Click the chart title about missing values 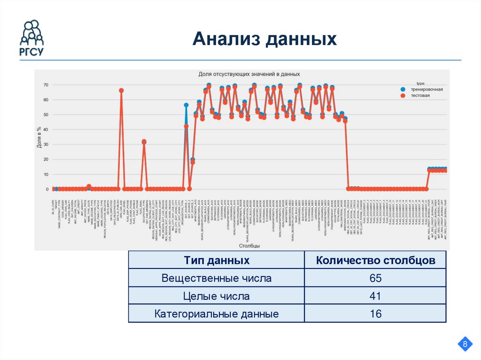tap(249, 74)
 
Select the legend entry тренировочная tap(427, 89)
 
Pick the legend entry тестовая tap(420, 95)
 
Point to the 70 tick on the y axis tap(46, 85)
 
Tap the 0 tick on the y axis tap(47, 189)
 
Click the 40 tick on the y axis tap(46, 130)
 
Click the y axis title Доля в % tap(39, 138)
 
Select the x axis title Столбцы tap(249, 245)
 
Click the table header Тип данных tap(217, 260)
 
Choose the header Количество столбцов tap(375, 260)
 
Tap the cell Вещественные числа tap(217, 278)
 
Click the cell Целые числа tap(217, 296)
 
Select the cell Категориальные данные tap(217, 314)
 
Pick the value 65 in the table tap(375, 278)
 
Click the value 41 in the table tap(375, 296)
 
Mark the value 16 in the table tap(375, 314)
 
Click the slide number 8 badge tap(465, 345)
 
